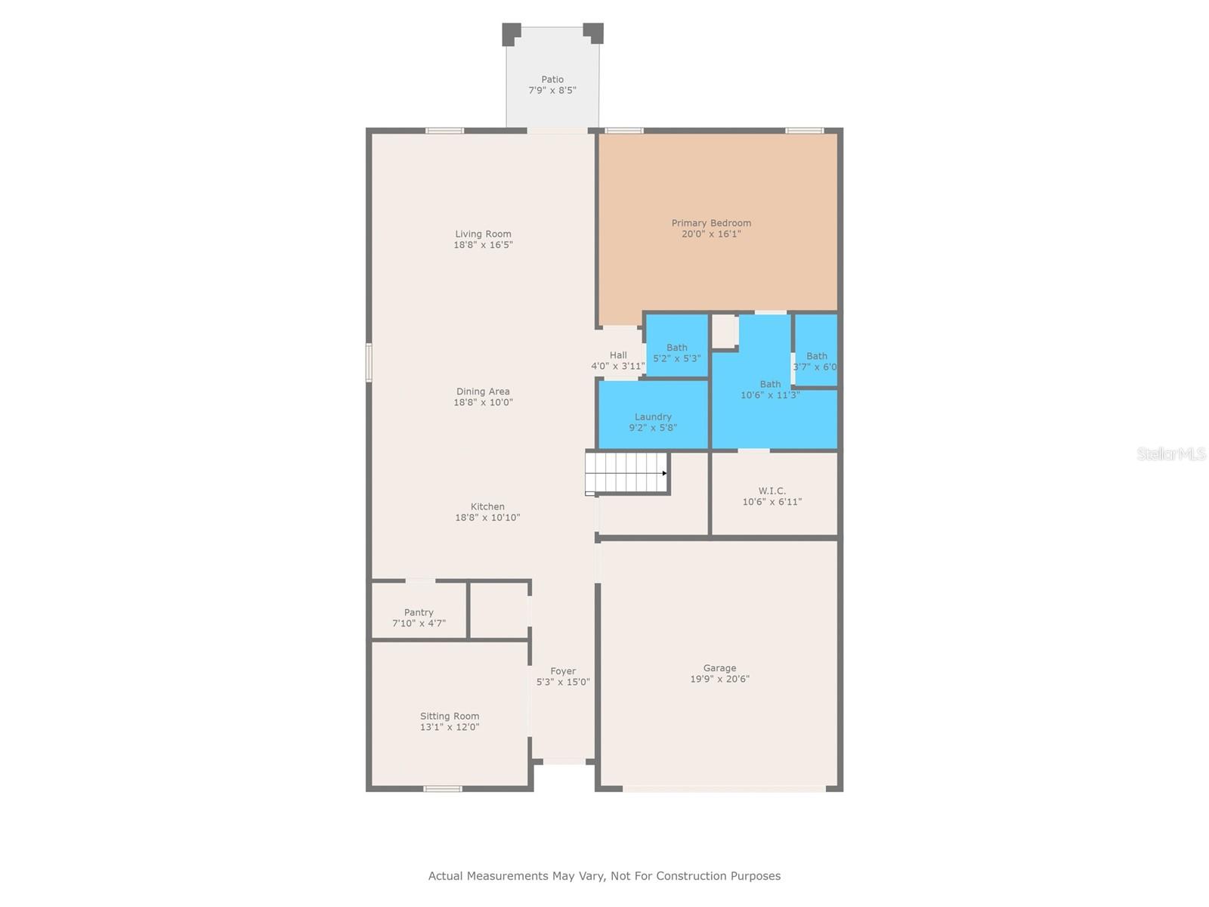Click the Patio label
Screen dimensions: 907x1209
(552, 79)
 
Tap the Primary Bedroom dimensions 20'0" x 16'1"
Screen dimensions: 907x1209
(711, 234)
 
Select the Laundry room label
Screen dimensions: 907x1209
(653, 416)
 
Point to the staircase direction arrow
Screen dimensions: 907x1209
(664, 473)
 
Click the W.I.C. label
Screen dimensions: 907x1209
(772, 491)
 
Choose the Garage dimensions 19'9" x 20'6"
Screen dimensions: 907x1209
(719, 679)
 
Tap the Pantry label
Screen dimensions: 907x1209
(419, 612)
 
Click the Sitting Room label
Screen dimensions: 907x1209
(450, 716)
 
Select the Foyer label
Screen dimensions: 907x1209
(563, 671)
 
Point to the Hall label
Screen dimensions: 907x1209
(618, 355)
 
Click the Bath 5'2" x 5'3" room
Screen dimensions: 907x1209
(677, 348)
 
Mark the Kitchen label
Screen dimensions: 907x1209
(487, 506)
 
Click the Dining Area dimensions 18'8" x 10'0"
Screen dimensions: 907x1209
(483, 403)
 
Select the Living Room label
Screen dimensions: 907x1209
(483, 234)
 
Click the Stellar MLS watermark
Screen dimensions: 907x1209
(1171, 453)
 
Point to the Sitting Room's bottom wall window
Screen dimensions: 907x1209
(442, 789)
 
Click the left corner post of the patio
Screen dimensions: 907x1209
(511, 33)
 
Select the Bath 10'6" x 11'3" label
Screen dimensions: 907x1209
(770, 385)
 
